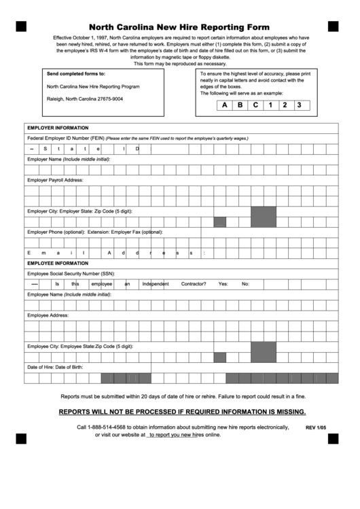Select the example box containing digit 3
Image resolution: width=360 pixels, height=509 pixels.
[299, 105]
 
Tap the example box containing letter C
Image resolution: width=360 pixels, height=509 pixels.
[255, 105]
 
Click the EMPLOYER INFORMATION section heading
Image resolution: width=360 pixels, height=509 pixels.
[57, 128]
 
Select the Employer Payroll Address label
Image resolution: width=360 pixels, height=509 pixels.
[55, 180]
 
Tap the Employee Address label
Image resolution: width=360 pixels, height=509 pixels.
[48, 315]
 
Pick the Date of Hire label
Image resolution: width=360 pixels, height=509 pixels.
[39, 368]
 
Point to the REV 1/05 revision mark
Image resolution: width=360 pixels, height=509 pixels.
[316, 428]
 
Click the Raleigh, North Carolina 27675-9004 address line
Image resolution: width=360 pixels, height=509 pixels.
[85, 99]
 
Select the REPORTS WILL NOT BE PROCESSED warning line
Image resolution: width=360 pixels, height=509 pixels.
[182, 412]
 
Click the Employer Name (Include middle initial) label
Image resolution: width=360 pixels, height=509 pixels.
[69, 159]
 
